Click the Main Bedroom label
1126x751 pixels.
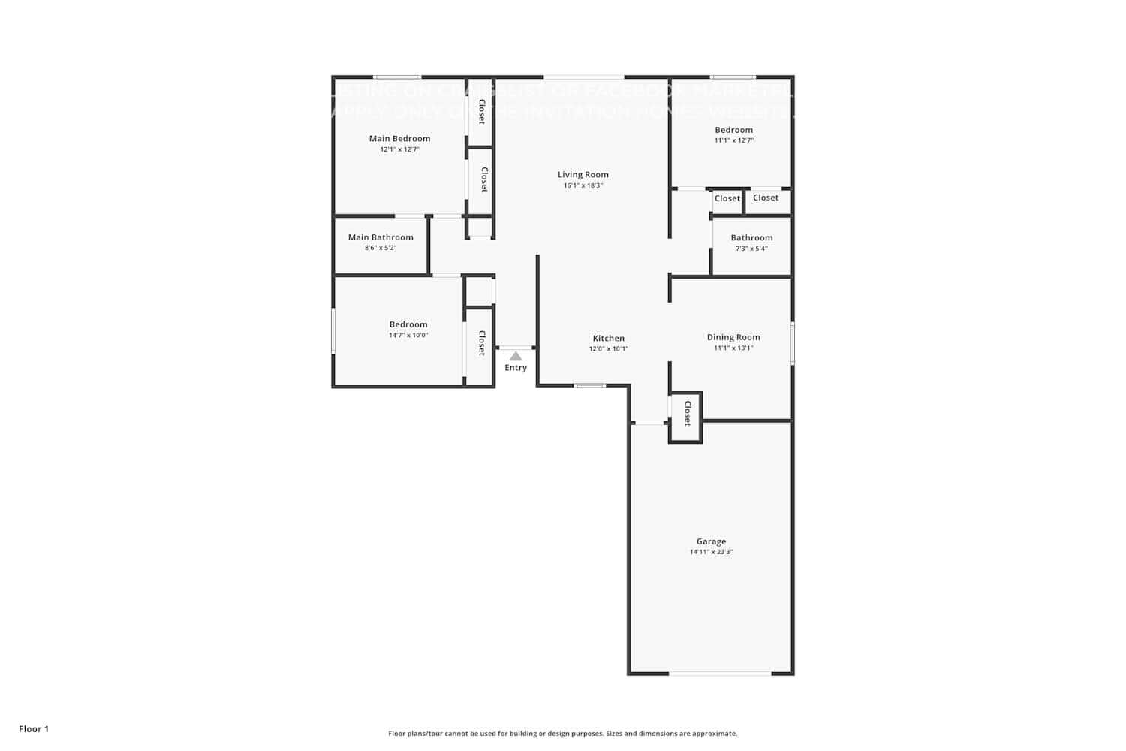point(399,139)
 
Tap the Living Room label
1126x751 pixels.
point(583,175)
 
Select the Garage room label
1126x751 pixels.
point(711,541)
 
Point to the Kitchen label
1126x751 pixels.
point(608,339)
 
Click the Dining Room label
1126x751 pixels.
point(733,338)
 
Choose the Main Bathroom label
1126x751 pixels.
point(381,237)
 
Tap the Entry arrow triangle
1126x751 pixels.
point(516,356)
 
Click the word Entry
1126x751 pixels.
point(516,368)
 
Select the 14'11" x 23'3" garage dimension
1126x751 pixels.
point(711,552)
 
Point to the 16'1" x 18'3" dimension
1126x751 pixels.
point(583,185)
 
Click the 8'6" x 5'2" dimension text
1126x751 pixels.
point(381,248)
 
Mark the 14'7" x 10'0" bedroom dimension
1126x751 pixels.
point(408,336)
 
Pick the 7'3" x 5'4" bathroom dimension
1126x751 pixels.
point(751,249)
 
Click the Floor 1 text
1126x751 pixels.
point(34,729)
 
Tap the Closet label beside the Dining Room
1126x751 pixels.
point(687,414)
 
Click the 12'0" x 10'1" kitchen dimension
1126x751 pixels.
point(608,349)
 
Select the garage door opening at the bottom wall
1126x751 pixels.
point(720,674)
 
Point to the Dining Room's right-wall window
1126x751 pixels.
point(793,344)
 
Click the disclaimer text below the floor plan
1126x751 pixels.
point(562,734)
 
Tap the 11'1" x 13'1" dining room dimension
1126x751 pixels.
point(733,348)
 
